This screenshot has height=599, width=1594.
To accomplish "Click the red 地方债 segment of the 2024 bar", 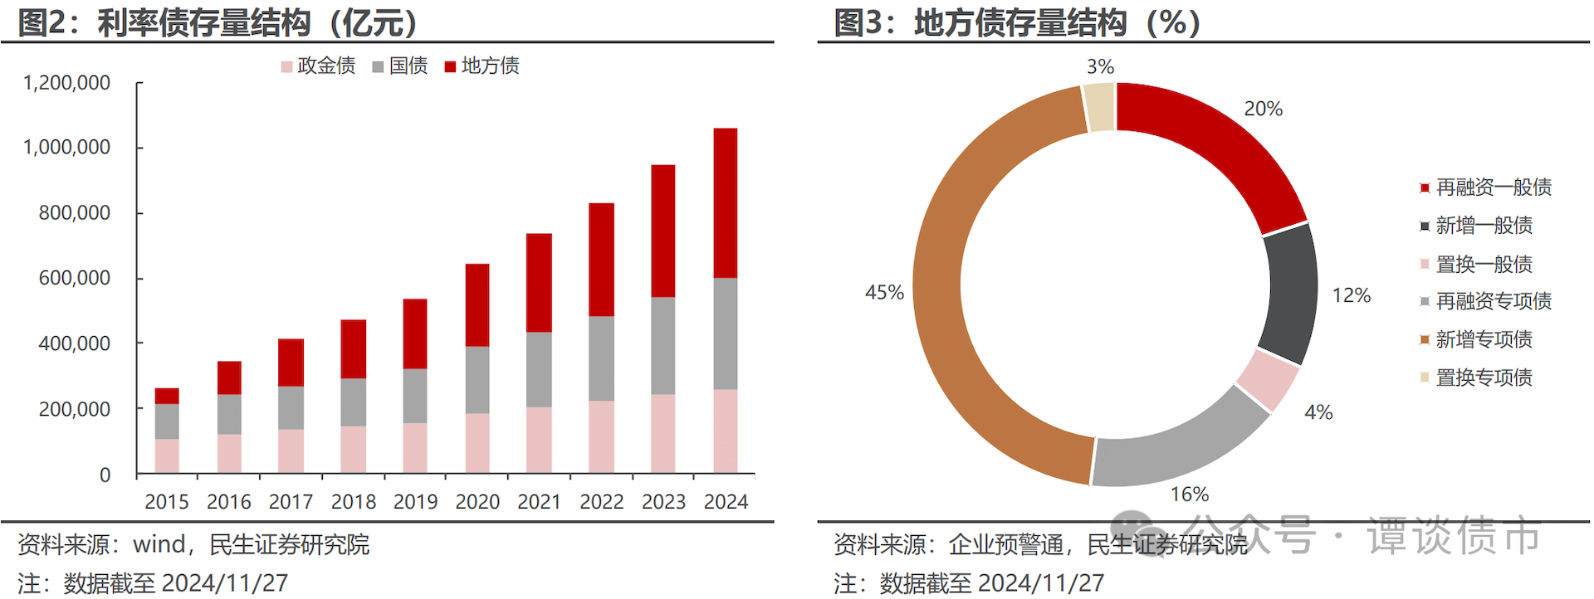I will click(725, 202).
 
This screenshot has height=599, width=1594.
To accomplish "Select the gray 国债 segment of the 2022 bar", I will click(601, 358).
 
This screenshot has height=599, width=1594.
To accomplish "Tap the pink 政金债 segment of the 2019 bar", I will click(414, 448).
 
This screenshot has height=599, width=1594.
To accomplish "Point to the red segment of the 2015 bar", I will click(167, 396).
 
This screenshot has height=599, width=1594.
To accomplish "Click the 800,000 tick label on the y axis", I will click(75, 213).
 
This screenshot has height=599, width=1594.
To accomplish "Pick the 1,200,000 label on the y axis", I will click(66, 83).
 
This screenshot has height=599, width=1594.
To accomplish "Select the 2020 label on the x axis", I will click(477, 502).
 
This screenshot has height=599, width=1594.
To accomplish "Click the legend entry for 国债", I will click(400, 66).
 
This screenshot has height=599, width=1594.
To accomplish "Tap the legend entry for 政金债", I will click(318, 66).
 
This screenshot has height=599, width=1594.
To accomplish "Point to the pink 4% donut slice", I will click(1267, 381).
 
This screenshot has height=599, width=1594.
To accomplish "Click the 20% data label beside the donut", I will click(1263, 109).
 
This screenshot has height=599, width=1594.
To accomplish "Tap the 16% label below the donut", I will click(1189, 494).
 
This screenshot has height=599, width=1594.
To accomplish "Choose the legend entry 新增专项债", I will click(1484, 339).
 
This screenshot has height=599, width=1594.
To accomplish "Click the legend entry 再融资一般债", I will click(1493, 187).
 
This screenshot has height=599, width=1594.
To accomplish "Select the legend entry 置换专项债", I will click(1484, 377).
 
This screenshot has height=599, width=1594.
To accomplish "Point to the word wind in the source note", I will click(159, 544).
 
